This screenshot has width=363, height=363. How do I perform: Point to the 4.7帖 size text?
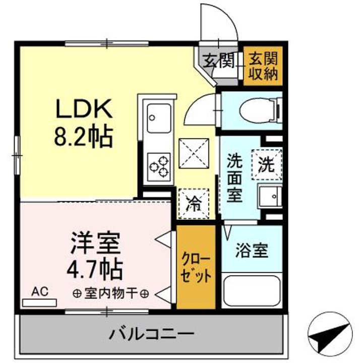(x=95, y=269)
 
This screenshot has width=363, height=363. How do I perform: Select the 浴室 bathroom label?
(x=251, y=251)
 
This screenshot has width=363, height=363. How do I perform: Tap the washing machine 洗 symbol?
(x=267, y=164)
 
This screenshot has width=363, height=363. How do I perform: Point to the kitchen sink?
(x=158, y=120)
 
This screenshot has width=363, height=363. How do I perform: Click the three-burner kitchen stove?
(x=158, y=165)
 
